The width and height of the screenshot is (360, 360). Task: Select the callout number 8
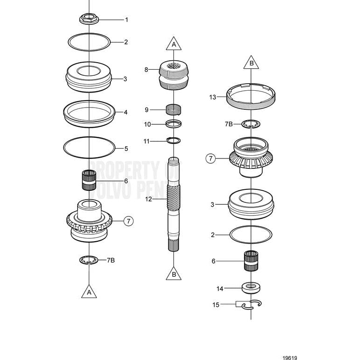146,70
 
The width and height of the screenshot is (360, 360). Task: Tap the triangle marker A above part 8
173,44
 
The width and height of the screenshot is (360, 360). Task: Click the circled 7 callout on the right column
211,159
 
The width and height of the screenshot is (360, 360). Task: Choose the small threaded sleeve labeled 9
173,110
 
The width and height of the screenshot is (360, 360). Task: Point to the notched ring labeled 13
252,97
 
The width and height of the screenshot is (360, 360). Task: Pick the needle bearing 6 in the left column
89,180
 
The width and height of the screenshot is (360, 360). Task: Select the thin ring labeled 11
173,140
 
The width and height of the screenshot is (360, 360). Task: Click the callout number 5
126,149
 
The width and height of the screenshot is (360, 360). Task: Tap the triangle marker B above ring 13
251,63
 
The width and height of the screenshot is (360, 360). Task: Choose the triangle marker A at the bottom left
89,292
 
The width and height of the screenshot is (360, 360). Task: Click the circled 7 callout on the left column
129,221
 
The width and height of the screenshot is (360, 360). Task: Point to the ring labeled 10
173,124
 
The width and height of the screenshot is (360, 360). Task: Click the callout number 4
126,112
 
